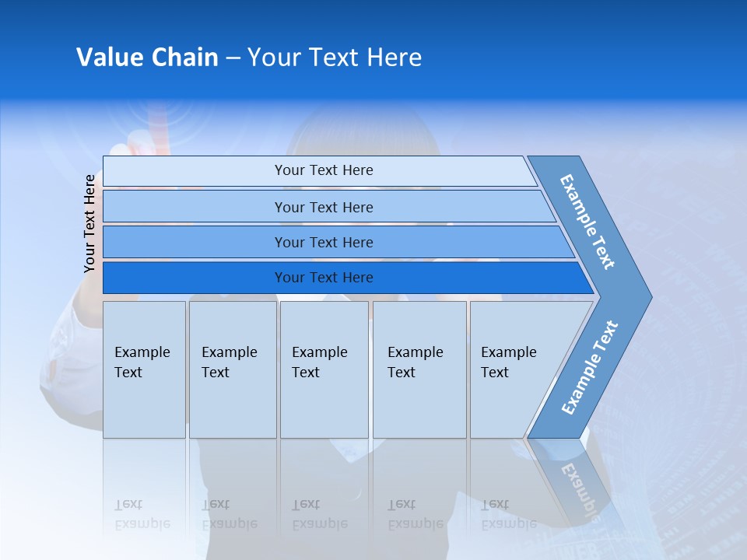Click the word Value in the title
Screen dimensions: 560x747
point(108,58)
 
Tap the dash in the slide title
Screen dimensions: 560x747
point(233,58)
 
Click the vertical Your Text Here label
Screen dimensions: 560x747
point(89,223)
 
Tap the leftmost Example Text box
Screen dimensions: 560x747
point(144,369)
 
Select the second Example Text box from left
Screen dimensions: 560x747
point(232,369)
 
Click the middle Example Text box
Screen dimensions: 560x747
point(324,369)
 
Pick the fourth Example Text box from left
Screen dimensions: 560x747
point(419,369)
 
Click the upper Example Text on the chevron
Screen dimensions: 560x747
point(587,222)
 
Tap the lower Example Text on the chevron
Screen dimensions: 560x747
point(590,367)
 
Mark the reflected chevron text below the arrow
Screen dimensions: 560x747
point(580,490)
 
